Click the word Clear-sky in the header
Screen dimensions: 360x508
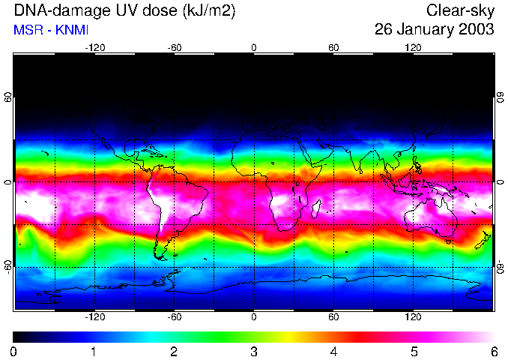tap(460, 10)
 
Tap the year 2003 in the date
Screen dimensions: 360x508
tap(478, 30)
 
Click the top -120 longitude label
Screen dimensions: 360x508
tap(94, 47)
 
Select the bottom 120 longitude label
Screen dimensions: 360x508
tap(414, 317)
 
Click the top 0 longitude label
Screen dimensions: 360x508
tap(254, 47)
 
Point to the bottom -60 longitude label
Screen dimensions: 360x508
tap(174, 317)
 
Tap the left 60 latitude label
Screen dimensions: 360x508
tap(7, 98)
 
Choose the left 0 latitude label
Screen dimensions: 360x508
tap(7, 182)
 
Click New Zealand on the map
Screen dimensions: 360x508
tap(486, 241)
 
